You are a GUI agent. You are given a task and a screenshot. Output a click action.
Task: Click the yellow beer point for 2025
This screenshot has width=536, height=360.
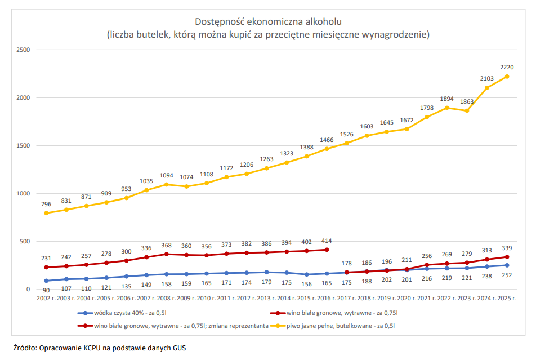point(507,77)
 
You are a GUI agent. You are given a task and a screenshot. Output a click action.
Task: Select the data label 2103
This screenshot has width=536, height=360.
point(487,79)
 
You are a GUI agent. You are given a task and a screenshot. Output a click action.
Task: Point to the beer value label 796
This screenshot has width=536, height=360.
point(46,205)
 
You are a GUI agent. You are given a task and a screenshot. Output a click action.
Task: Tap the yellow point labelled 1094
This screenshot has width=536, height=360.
point(167,184)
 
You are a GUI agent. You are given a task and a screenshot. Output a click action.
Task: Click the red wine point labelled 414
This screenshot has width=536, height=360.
point(327,250)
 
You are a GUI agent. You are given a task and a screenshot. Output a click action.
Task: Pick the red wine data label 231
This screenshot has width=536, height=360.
point(46,259)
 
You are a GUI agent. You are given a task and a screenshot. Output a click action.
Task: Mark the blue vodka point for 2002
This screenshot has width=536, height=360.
point(46,281)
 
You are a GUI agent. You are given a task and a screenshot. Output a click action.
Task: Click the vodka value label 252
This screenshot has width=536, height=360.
point(507,275)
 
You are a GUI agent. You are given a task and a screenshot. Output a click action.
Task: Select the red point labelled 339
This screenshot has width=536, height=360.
point(507,257)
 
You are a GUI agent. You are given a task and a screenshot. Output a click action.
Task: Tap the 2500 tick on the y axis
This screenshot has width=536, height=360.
point(23,50)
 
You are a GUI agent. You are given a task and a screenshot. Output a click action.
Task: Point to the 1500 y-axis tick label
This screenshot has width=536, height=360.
point(23,146)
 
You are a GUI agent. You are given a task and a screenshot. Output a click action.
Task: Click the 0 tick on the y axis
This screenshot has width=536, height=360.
point(28,290)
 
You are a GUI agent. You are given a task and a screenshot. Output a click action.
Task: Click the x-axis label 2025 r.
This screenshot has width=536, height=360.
point(507,299)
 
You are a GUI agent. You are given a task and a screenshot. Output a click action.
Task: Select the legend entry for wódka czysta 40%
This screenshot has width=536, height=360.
point(122,313)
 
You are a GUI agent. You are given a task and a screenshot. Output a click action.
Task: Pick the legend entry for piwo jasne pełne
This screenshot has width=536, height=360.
point(332,326)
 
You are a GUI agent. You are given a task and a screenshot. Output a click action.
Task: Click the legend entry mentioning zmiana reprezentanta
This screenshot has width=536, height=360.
point(173,326)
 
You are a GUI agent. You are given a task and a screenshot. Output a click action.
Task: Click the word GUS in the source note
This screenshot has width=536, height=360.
point(179,348)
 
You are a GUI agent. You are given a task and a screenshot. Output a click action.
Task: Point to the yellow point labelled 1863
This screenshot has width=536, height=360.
point(467,111)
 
